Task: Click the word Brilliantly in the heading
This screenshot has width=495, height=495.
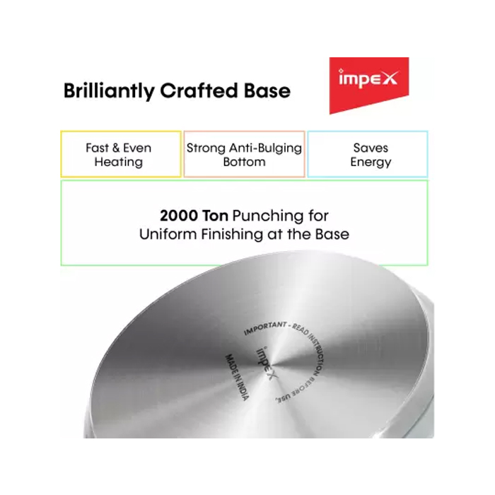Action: [109, 91]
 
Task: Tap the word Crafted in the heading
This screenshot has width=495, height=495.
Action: [199, 91]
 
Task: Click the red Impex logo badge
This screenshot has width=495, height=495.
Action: [369, 86]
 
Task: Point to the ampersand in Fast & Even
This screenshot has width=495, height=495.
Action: [116, 148]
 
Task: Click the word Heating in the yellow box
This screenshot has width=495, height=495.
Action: [119, 162]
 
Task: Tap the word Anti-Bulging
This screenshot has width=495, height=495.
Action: [265, 148]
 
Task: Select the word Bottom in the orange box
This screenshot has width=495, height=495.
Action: [245, 162]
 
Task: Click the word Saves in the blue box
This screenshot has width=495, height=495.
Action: [371, 148]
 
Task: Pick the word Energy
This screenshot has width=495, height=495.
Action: [371, 162]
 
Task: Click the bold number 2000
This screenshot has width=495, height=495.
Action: [179, 216]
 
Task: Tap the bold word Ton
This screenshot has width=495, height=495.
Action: [215, 216]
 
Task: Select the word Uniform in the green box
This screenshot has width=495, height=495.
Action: [168, 234]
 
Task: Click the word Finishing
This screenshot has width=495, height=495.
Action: [232, 235]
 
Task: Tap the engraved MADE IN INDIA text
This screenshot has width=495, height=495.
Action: [237, 377]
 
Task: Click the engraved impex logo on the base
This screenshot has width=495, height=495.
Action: [266, 363]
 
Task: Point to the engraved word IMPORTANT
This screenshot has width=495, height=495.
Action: [265, 328]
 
